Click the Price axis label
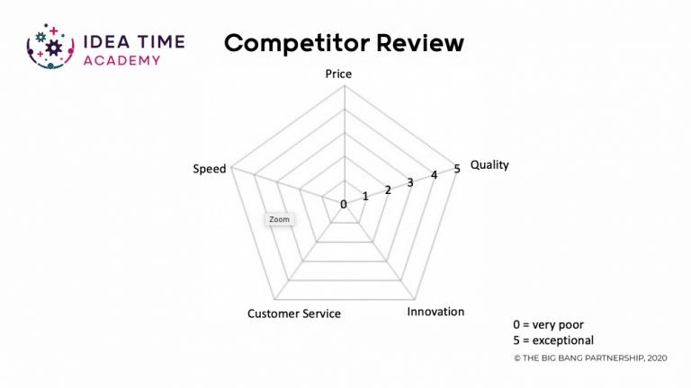coord(338,74)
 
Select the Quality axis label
coord(489,165)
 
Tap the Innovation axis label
coord(435,312)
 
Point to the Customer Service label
coord(294,313)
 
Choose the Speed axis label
coord(210,169)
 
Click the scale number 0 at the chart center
coord(344,204)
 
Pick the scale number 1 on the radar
coord(365,196)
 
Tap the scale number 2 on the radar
coord(388,190)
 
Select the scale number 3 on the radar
coord(410,182)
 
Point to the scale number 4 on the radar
coord(434,175)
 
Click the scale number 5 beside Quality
coord(457,169)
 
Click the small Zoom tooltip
coord(280,219)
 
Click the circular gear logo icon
coord(50,47)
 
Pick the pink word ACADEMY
coord(121,60)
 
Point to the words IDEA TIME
coord(134,42)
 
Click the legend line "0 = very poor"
coord(548,324)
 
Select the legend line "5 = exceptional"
coord(553,340)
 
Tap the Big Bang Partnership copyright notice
coord(590,358)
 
